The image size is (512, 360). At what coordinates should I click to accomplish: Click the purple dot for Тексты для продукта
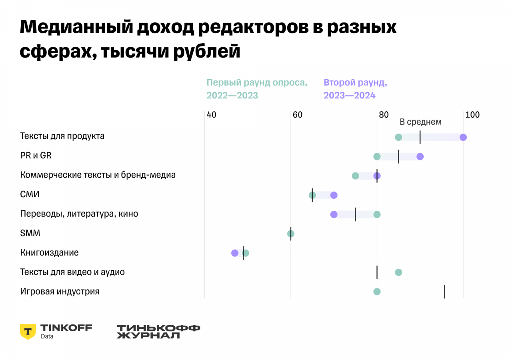tap(463, 137)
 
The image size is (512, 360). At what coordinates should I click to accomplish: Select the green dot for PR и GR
tap(377, 156)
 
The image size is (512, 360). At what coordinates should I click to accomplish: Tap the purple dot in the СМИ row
tap(334, 195)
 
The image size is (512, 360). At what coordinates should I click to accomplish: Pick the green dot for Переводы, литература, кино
tap(377, 214)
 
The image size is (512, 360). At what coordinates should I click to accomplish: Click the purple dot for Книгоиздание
tap(235, 253)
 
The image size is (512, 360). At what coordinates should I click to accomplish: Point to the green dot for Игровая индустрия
tap(377, 292)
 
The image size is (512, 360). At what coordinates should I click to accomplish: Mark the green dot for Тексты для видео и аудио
tap(398, 272)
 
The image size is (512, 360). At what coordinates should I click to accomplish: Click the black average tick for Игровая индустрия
tap(444, 292)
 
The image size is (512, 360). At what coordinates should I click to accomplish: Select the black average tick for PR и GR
tap(398, 156)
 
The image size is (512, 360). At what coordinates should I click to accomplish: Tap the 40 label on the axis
tap(211, 115)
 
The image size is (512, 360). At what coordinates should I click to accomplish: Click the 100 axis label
tap(472, 115)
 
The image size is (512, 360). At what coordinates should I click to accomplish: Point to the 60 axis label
tap(297, 115)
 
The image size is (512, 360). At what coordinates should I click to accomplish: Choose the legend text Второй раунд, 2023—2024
tap(355, 89)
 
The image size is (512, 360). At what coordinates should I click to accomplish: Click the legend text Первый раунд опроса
tap(257, 83)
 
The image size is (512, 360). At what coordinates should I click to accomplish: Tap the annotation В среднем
tap(421, 122)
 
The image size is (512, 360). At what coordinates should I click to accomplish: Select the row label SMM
tap(30, 233)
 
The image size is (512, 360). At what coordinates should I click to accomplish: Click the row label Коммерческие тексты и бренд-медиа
tap(98, 175)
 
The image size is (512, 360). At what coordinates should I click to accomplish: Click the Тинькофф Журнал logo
tap(158, 332)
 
